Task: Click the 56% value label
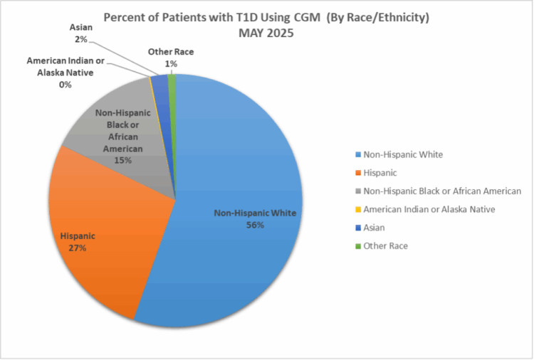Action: coord(256,225)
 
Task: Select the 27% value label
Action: coord(78,248)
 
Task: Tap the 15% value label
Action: coord(122,162)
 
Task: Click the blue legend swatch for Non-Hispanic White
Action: coord(357,154)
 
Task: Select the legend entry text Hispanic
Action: coord(380,172)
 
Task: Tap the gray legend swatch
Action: coord(357,191)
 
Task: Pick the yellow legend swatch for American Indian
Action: coord(357,209)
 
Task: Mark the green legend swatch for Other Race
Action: coord(357,245)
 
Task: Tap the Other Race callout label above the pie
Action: coord(170,53)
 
